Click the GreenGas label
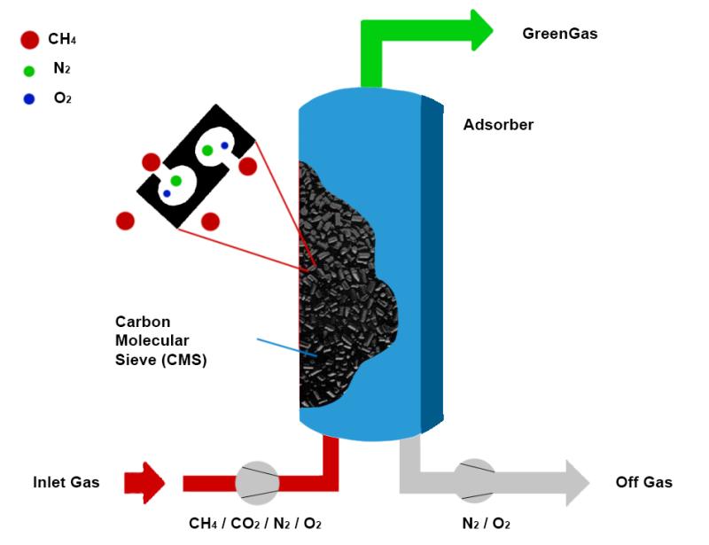pos(559,35)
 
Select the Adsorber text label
pos(498,125)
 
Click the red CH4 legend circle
pos(29,39)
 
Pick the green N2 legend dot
pos(29,71)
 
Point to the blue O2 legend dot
pos(29,99)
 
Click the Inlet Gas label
pos(66,483)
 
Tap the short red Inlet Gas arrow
pos(144,483)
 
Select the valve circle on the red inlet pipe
pos(257,483)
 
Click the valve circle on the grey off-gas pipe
pos(475,483)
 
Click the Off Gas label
pos(644,483)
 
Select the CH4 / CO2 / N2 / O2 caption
pos(255,524)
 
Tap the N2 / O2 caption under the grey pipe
pos(486,524)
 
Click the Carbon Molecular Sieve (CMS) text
pos(160,340)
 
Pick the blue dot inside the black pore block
pos(224,145)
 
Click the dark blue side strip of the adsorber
pos(432,266)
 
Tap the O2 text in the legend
pos(62,98)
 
